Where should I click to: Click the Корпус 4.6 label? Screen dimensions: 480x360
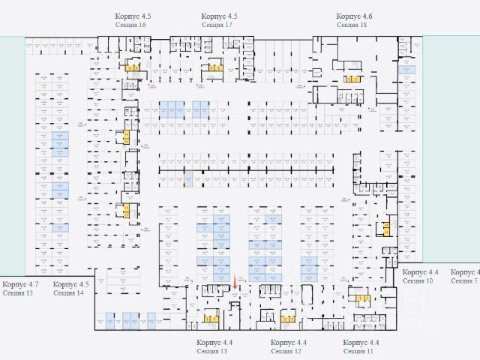(354, 16)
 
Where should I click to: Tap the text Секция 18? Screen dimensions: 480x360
(352, 25)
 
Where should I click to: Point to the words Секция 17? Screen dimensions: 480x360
(217, 25)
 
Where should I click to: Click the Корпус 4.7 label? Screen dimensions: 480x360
(20, 285)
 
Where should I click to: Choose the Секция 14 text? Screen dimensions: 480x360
(69, 293)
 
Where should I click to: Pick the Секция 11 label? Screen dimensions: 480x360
(358, 351)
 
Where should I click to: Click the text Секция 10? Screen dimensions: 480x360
(418, 280)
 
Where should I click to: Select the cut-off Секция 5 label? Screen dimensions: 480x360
(465, 280)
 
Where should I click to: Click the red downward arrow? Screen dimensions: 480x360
(235, 283)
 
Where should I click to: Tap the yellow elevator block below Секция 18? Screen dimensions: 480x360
(352, 78)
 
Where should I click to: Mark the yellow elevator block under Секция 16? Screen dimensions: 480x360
(132, 68)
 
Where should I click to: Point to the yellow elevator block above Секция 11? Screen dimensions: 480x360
(361, 299)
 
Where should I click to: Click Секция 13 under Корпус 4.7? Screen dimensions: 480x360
(18, 293)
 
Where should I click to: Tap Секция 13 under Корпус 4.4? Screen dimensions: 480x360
(212, 351)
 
